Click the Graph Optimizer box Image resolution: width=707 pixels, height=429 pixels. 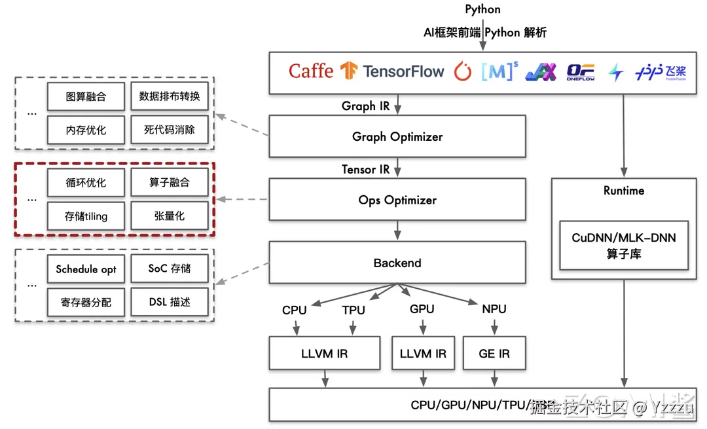pyautogui.click(x=397, y=136)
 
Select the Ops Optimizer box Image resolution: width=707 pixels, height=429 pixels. pyautogui.click(x=397, y=200)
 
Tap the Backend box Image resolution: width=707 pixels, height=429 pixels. pyautogui.click(x=397, y=263)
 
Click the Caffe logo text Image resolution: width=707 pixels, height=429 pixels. pyautogui.click(x=311, y=71)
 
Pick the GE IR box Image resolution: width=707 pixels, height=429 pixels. pyautogui.click(x=494, y=354)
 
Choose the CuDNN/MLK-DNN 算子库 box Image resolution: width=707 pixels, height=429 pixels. pyautogui.click(x=624, y=246)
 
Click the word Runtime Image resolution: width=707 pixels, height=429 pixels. pyautogui.click(x=624, y=191)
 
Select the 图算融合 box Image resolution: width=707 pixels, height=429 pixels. pyautogui.click(x=86, y=97)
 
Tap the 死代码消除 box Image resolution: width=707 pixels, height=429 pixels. pyautogui.click(x=170, y=130)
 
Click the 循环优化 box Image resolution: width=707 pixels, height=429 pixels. pyautogui.click(x=86, y=183)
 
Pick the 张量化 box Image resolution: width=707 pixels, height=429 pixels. pyautogui.click(x=170, y=215)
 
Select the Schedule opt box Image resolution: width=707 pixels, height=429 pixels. pyautogui.click(x=86, y=269)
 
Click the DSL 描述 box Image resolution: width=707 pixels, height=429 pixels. pyautogui.click(x=170, y=302)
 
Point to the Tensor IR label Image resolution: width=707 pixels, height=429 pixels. pyautogui.click(x=365, y=169)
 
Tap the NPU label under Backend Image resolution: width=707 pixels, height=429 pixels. pyautogui.click(x=494, y=309)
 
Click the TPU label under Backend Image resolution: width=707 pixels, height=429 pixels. pyautogui.click(x=353, y=310)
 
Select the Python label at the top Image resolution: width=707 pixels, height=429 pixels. pyautogui.click(x=483, y=9)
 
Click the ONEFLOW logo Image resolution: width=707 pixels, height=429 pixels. pyautogui.click(x=580, y=71)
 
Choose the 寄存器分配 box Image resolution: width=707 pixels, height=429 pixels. pyautogui.click(x=86, y=302)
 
